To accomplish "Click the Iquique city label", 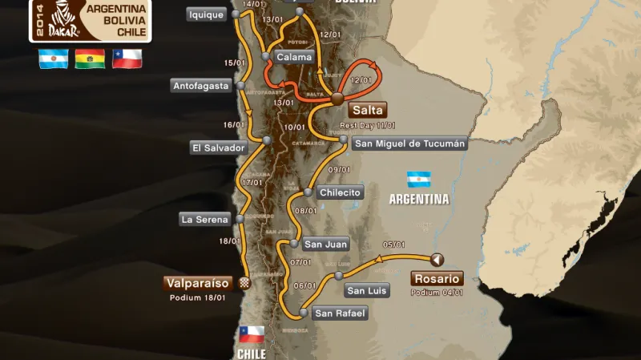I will click(x=206, y=14).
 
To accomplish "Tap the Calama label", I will click(x=294, y=57).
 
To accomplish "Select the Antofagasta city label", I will click(x=200, y=86).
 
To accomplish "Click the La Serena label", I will click(x=205, y=219).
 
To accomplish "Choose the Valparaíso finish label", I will click(x=198, y=283).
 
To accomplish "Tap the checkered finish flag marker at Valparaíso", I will click(x=245, y=282).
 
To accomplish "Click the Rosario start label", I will click(x=436, y=279).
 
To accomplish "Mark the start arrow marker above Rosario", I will click(x=437, y=259).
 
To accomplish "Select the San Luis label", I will click(x=367, y=291).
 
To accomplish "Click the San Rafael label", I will click(x=341, y=313).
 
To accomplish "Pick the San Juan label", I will click(x=325, y=244).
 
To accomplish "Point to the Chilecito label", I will click(x=341, y=192).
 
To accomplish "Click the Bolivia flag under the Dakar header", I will click(x=90, y=59).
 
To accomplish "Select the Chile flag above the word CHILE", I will click(x=252, y=334).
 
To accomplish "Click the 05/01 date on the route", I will click(x=393, y=245).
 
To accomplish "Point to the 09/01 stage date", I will click(x=340, y=169).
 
